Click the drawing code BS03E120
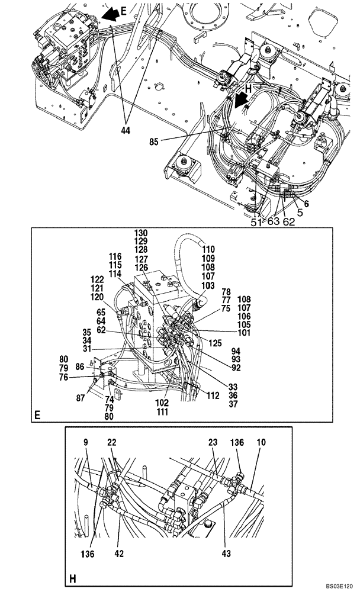337,583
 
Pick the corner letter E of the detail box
37,416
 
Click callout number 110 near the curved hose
209,250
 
